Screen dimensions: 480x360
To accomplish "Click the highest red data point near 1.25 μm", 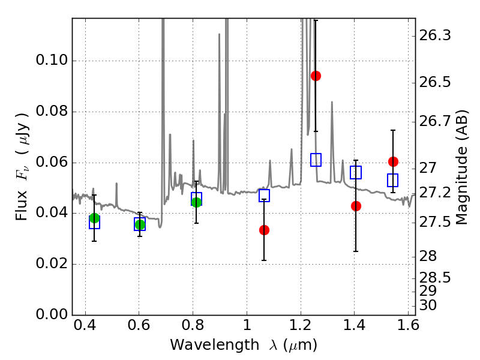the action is click(x=316, y=76).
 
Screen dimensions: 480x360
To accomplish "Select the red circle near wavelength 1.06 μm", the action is click(x=264, y=230).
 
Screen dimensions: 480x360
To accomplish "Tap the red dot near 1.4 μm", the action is click(x=356, y=206).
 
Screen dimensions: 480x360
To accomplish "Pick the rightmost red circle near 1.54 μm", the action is click(x=393, y=161).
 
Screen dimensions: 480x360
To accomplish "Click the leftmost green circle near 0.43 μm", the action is click(x=94, y=218).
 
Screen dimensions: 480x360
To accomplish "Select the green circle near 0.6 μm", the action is click(x=140, y=224).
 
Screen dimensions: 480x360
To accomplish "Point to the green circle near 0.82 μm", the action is click(x=196, y=202).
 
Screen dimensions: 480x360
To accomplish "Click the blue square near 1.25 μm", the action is click(x=316, y=160).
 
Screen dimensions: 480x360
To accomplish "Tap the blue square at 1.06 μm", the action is click(x=264, y=196).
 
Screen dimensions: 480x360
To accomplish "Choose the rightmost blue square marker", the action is click(x=392, y=180).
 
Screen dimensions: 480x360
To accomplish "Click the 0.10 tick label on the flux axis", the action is click(x=52, y=59).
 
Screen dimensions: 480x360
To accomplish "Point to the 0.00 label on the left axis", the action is click(x=52, y=314).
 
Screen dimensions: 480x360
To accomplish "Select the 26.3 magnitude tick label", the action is click(x=434, y=35).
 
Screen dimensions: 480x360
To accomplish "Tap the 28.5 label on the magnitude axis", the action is click(x=434, y=278).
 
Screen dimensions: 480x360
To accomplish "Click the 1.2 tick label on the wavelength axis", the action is click(x=301, y=325).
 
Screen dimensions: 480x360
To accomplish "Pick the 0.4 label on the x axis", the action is click(x=85, y=325).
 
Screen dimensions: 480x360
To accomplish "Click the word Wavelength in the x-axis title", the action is click(x=215, y=345).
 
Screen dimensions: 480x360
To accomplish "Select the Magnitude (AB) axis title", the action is click(x=462, y=167).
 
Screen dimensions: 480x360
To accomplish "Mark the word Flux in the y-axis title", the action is click(x=22, y=205).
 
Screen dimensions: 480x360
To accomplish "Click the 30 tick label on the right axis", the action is click(x=428, y=305).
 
